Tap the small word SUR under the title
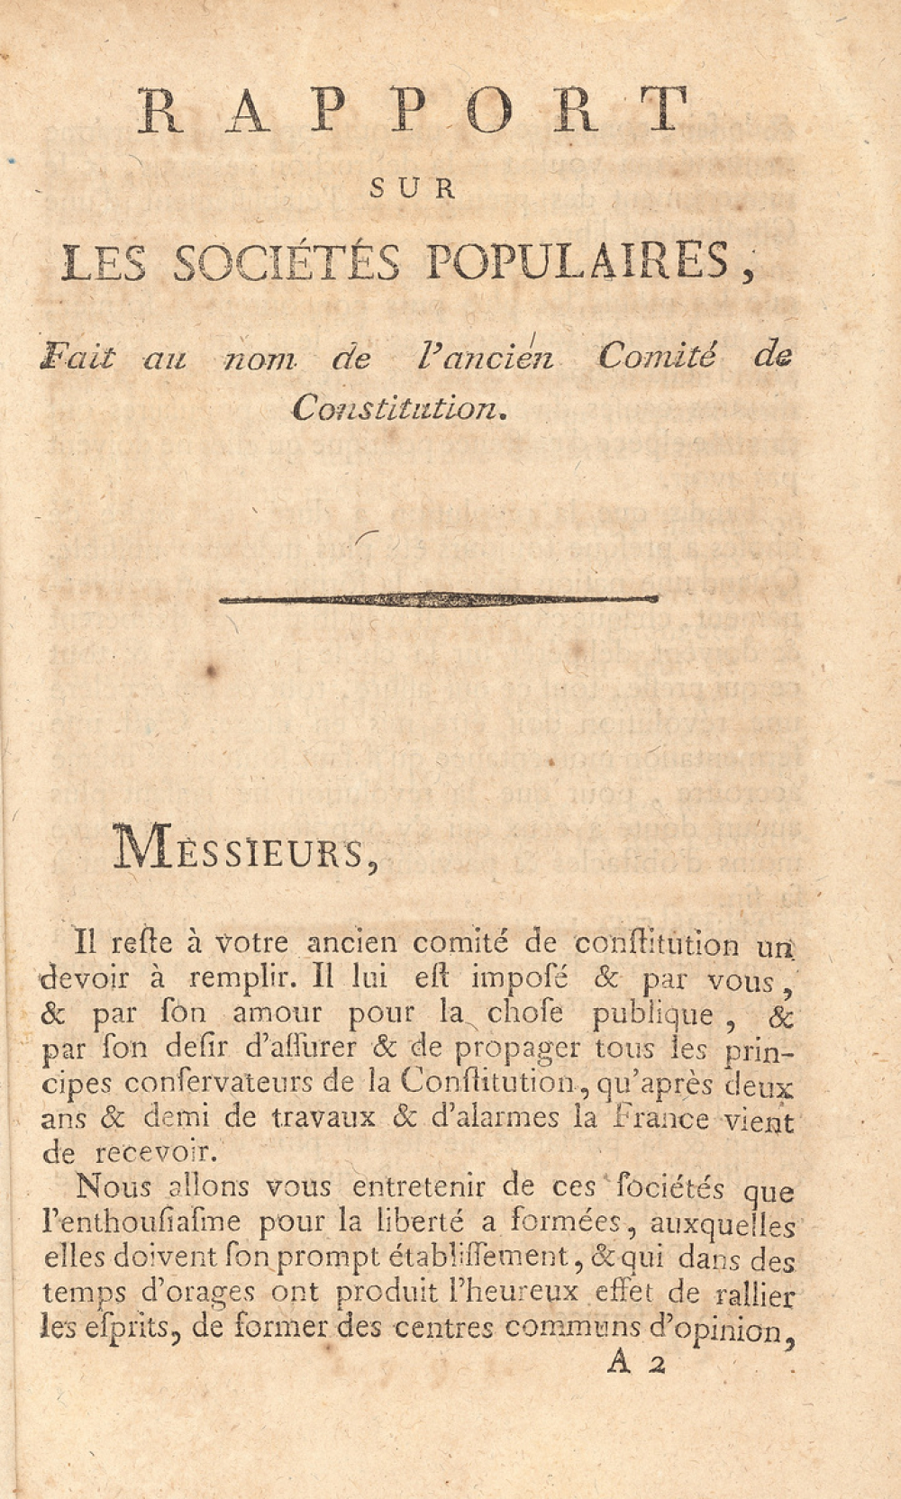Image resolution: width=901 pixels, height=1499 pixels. (x=414, y=189)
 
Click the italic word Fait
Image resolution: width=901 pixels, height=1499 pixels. (x=77, y=358)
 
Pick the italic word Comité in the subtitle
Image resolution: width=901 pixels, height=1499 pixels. (x=657, y=357)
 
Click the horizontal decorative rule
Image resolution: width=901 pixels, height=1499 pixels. (x=439, y=598)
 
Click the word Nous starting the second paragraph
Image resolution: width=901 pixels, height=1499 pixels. (x=112, y=1186)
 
